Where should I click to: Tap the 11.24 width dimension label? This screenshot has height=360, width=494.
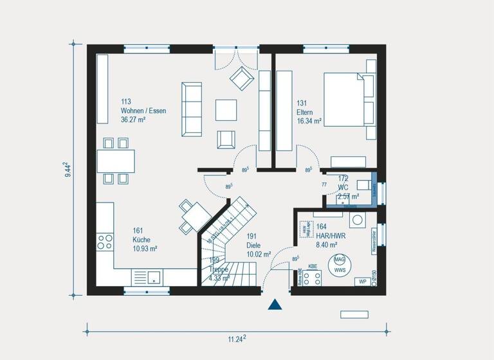[x=236, y=339]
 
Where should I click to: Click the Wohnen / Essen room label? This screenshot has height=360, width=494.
[x=143, y=111]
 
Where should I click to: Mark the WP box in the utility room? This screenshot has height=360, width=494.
[x=363, y=282]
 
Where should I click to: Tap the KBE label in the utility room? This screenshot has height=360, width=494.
[x=313, y=266]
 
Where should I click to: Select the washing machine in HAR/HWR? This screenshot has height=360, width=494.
[x=357, y=220]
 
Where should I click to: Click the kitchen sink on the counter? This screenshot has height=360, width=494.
[x=154, y=277]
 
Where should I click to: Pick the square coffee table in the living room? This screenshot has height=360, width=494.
[x=226, y=109]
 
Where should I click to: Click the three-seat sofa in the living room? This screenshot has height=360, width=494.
[x=191, y=109]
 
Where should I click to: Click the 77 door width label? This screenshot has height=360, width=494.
[x=324, y=184]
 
